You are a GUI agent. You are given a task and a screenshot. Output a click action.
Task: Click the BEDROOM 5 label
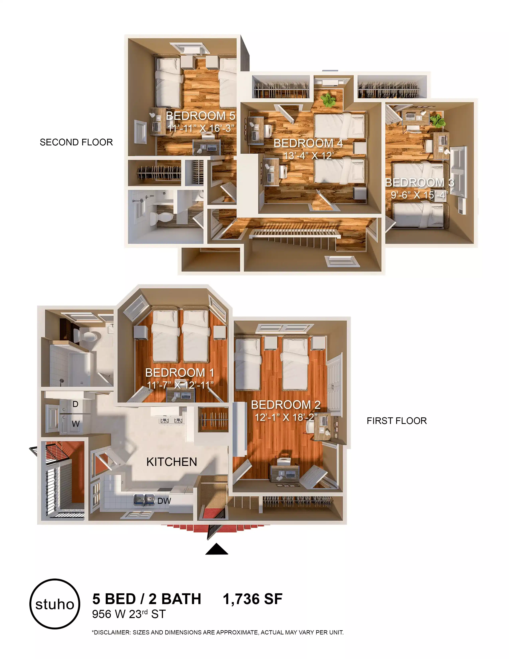[201, 116]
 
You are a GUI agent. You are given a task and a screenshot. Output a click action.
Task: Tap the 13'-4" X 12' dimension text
[308, 156]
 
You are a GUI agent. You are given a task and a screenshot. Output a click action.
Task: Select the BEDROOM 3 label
[419, 183]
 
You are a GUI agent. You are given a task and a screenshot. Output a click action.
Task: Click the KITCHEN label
[172, 462]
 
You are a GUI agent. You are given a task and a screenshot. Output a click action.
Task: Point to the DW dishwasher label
[164, 501]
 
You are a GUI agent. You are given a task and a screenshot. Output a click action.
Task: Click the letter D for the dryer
[75, 404]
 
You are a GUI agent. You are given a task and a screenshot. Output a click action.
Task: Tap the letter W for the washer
[76, 424]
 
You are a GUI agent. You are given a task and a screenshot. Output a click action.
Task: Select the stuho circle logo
[55, 604]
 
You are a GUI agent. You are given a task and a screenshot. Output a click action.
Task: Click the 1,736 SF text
[252, 599]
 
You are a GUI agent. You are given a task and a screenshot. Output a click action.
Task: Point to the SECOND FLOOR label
[76, 142]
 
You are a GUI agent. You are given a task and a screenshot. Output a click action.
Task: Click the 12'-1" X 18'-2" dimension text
[286, 417]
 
